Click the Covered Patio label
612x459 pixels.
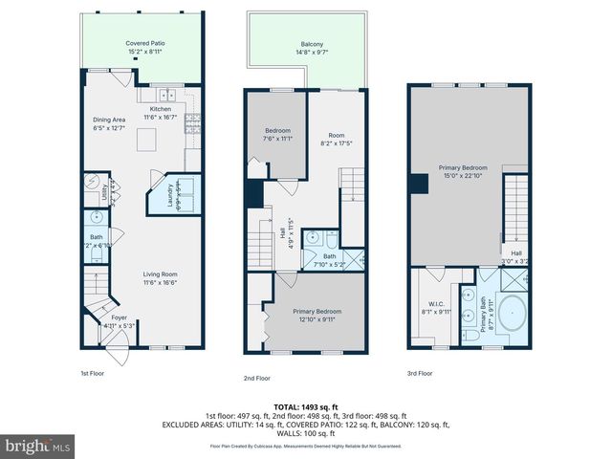point(144,44)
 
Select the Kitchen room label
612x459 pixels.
point(160,109)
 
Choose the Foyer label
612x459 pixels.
point(119,317)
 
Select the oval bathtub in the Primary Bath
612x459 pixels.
point(511,316)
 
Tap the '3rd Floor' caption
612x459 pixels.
point(421,374)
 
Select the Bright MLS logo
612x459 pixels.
point(38,446)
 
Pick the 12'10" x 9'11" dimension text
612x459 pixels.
point(317,320)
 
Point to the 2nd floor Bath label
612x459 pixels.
point(329,256)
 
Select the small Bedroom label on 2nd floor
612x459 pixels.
point(277,130)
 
